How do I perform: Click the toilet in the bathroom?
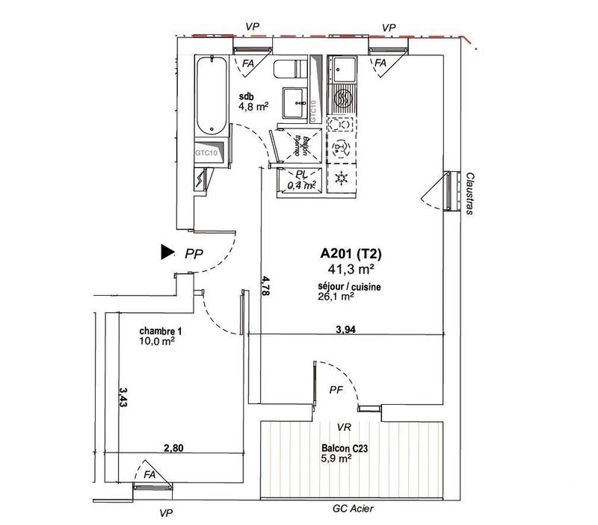291,70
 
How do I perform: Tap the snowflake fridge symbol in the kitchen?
343,178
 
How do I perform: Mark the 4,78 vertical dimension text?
265,287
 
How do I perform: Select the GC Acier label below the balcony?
353,509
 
